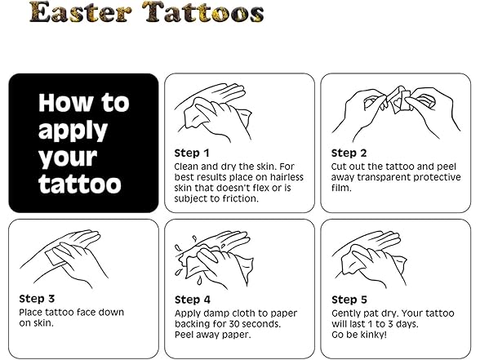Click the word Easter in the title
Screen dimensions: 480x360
pos(81,12)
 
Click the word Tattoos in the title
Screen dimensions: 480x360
pos(203,12)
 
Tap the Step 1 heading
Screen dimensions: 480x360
pos(192,153)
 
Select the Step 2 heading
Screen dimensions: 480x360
pos(349,153)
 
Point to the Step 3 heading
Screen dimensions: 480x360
pos(37,299)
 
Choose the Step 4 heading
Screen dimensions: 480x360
pos(193,300)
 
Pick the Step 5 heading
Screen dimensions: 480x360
pos(349,300)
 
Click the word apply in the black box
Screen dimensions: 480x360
pos(73,131)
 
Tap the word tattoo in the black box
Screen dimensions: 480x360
pos(80,184)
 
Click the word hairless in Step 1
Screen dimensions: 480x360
pos(287,177)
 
